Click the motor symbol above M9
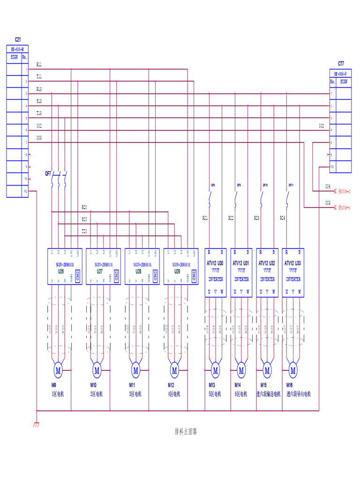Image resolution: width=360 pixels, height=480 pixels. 58,370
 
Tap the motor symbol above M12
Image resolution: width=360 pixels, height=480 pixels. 174,370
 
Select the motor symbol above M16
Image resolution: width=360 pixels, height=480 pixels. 293,370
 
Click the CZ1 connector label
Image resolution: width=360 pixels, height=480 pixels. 18,40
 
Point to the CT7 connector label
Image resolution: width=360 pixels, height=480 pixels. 341,63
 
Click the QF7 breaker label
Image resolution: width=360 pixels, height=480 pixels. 48,173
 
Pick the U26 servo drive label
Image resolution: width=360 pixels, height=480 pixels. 60,271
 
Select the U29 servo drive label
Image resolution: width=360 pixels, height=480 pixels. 177,271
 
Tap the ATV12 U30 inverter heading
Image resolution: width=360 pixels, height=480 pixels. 216,263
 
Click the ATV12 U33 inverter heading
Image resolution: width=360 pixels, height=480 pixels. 293,263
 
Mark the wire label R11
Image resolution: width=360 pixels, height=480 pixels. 39,64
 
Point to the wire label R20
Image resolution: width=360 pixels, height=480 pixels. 84,207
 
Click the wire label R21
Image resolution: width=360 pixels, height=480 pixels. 205,218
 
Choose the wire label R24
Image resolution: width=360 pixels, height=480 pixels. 282,218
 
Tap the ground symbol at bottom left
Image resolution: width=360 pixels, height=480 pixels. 36,425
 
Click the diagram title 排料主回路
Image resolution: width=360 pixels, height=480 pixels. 186,431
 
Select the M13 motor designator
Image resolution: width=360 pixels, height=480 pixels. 212,385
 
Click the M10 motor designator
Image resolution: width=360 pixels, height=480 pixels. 94,385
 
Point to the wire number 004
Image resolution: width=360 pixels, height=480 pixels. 328,186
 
